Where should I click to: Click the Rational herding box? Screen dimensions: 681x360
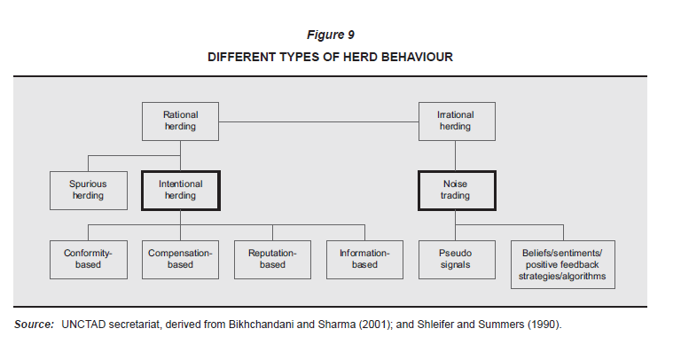point(180,121)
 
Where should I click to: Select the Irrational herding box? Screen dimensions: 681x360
point(457,121)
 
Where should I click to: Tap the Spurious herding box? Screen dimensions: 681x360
point(89,191)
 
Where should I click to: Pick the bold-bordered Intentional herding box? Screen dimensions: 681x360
point(181,191)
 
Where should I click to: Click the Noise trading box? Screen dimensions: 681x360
point(457,191)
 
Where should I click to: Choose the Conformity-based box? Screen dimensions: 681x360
point(89,260)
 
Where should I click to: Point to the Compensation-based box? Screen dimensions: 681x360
point(180,260)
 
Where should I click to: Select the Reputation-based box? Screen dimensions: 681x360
point(273,260)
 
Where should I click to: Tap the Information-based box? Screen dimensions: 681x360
point(364,260)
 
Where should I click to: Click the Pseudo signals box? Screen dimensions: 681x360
point(457,260)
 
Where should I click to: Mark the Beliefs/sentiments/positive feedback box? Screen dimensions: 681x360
point(563,264)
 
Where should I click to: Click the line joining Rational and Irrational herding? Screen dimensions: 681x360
point(319,122)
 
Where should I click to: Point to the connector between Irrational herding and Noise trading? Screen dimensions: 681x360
point(455,155)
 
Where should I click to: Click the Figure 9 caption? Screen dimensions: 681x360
point(331,35)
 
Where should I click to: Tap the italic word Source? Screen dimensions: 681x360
point(34,325)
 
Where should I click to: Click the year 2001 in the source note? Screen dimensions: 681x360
point(376,325)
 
